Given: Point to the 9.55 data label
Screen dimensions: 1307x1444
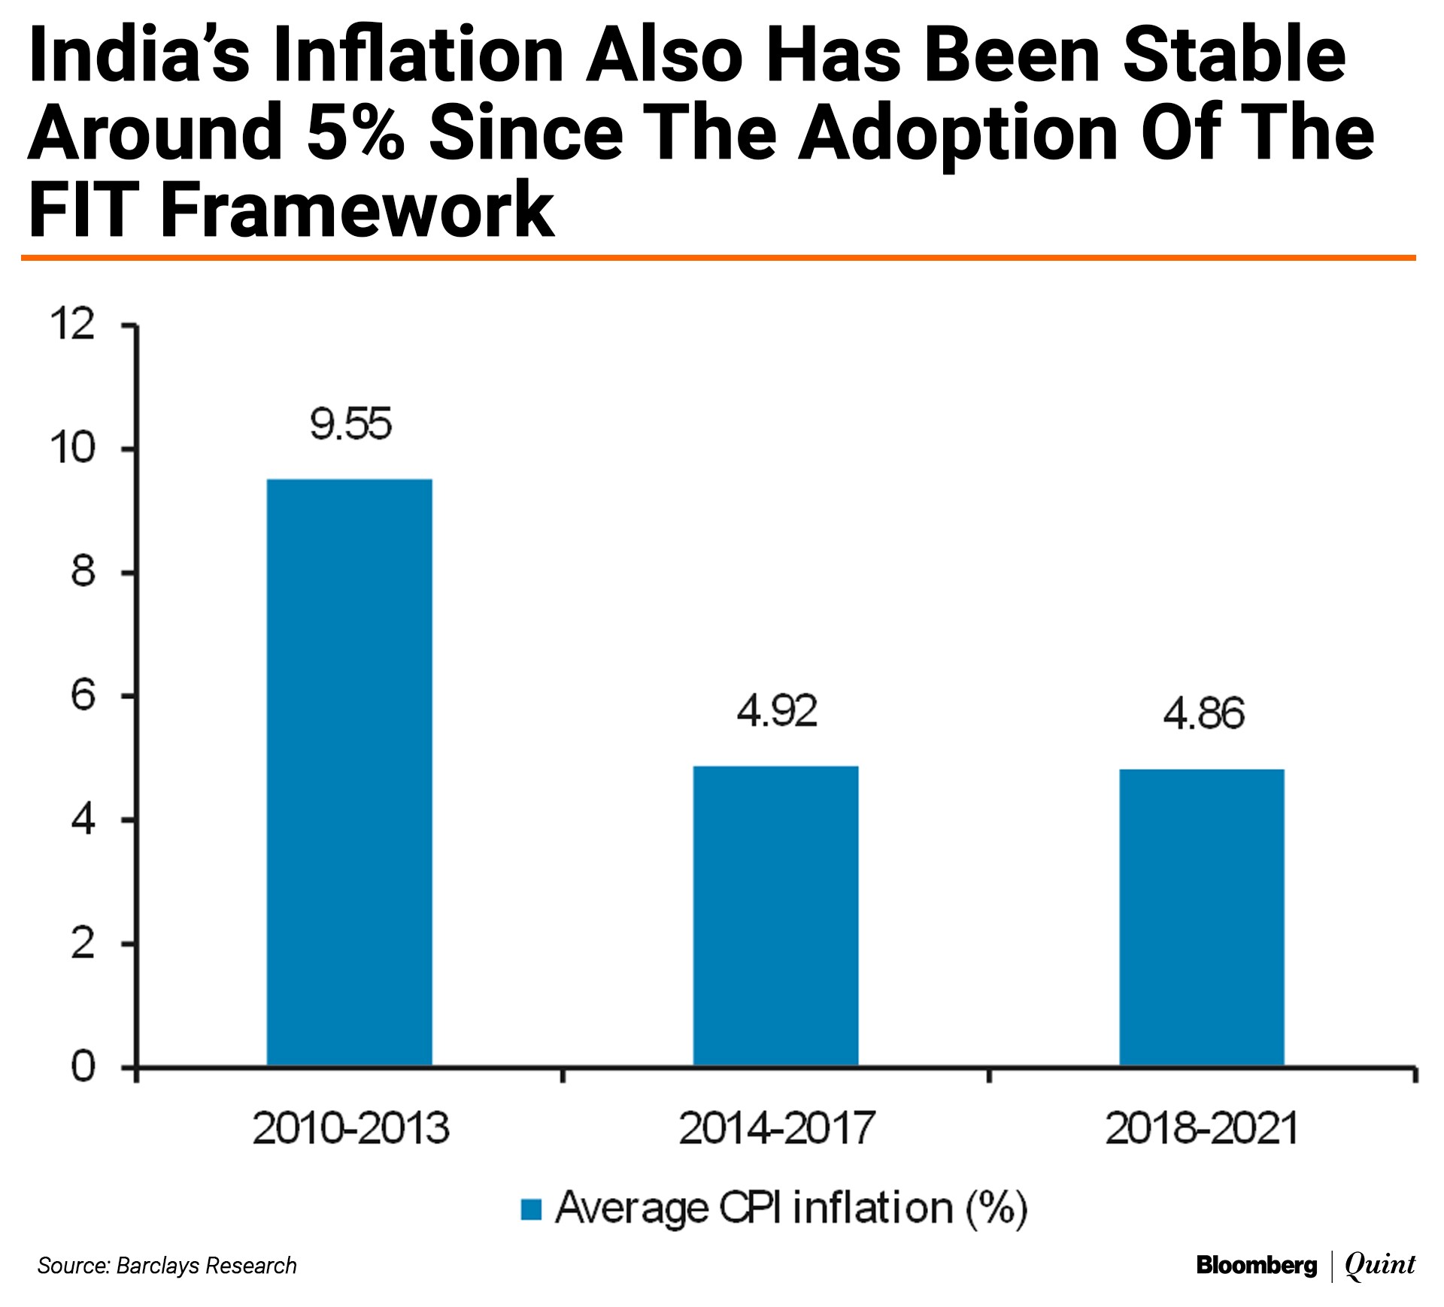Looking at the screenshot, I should (x=350, y=425).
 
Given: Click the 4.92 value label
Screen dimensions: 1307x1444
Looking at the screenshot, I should (x=776, y=712).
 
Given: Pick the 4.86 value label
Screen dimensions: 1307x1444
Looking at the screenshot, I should (x=1203, y=714).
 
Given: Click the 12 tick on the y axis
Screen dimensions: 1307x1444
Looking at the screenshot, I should (x=73, y=325).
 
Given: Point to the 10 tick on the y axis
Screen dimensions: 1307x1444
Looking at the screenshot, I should (x=73, y=449).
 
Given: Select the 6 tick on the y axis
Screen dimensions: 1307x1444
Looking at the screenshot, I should (x=83, y=696).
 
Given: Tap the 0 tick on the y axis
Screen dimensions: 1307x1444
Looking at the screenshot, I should (x=83, y=1066).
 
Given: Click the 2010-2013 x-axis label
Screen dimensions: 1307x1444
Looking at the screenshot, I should (x=350, y=1128).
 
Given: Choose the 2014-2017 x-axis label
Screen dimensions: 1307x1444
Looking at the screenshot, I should (x=776, y=1128).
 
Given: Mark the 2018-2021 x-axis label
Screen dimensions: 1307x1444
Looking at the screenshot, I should (x=1202, y=1128).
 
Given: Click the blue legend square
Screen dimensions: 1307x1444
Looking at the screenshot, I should (x=531, y=1209).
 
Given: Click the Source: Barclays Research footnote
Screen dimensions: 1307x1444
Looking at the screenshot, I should (x=167, y=1266).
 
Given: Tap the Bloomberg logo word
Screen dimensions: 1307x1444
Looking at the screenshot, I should (x=1256, y=1265).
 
